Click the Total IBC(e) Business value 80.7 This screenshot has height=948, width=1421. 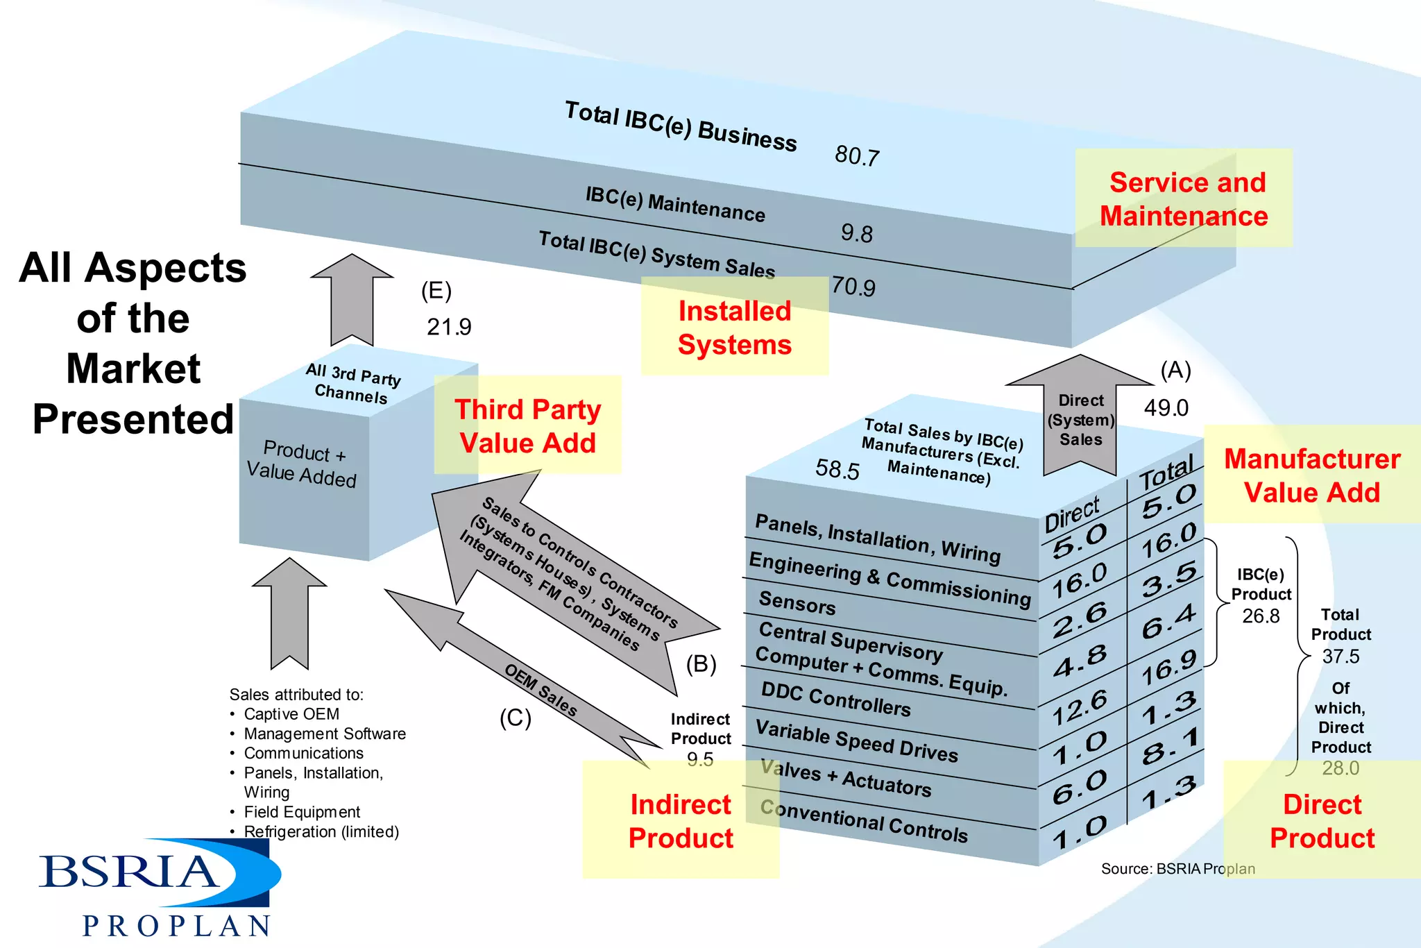857,155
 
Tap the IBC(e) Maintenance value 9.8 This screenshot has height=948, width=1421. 857,233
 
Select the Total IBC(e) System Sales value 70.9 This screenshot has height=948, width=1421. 853,286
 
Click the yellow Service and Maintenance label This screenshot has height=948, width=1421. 1184,198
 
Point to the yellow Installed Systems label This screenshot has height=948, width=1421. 734,327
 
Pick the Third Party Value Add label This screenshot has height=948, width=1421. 527,425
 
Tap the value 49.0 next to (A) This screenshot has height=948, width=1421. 1166,407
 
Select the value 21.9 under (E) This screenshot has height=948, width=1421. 449,326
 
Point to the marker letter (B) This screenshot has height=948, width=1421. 701,664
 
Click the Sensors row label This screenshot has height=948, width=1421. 797,602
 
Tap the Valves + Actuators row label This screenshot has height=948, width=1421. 846,778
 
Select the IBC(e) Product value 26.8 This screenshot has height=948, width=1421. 1261,616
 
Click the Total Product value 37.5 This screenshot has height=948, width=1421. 1341,656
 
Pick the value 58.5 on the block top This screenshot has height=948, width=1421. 837,470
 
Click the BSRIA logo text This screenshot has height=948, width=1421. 128,872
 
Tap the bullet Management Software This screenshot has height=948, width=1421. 324,734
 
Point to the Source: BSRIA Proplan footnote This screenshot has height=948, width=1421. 1177,869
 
